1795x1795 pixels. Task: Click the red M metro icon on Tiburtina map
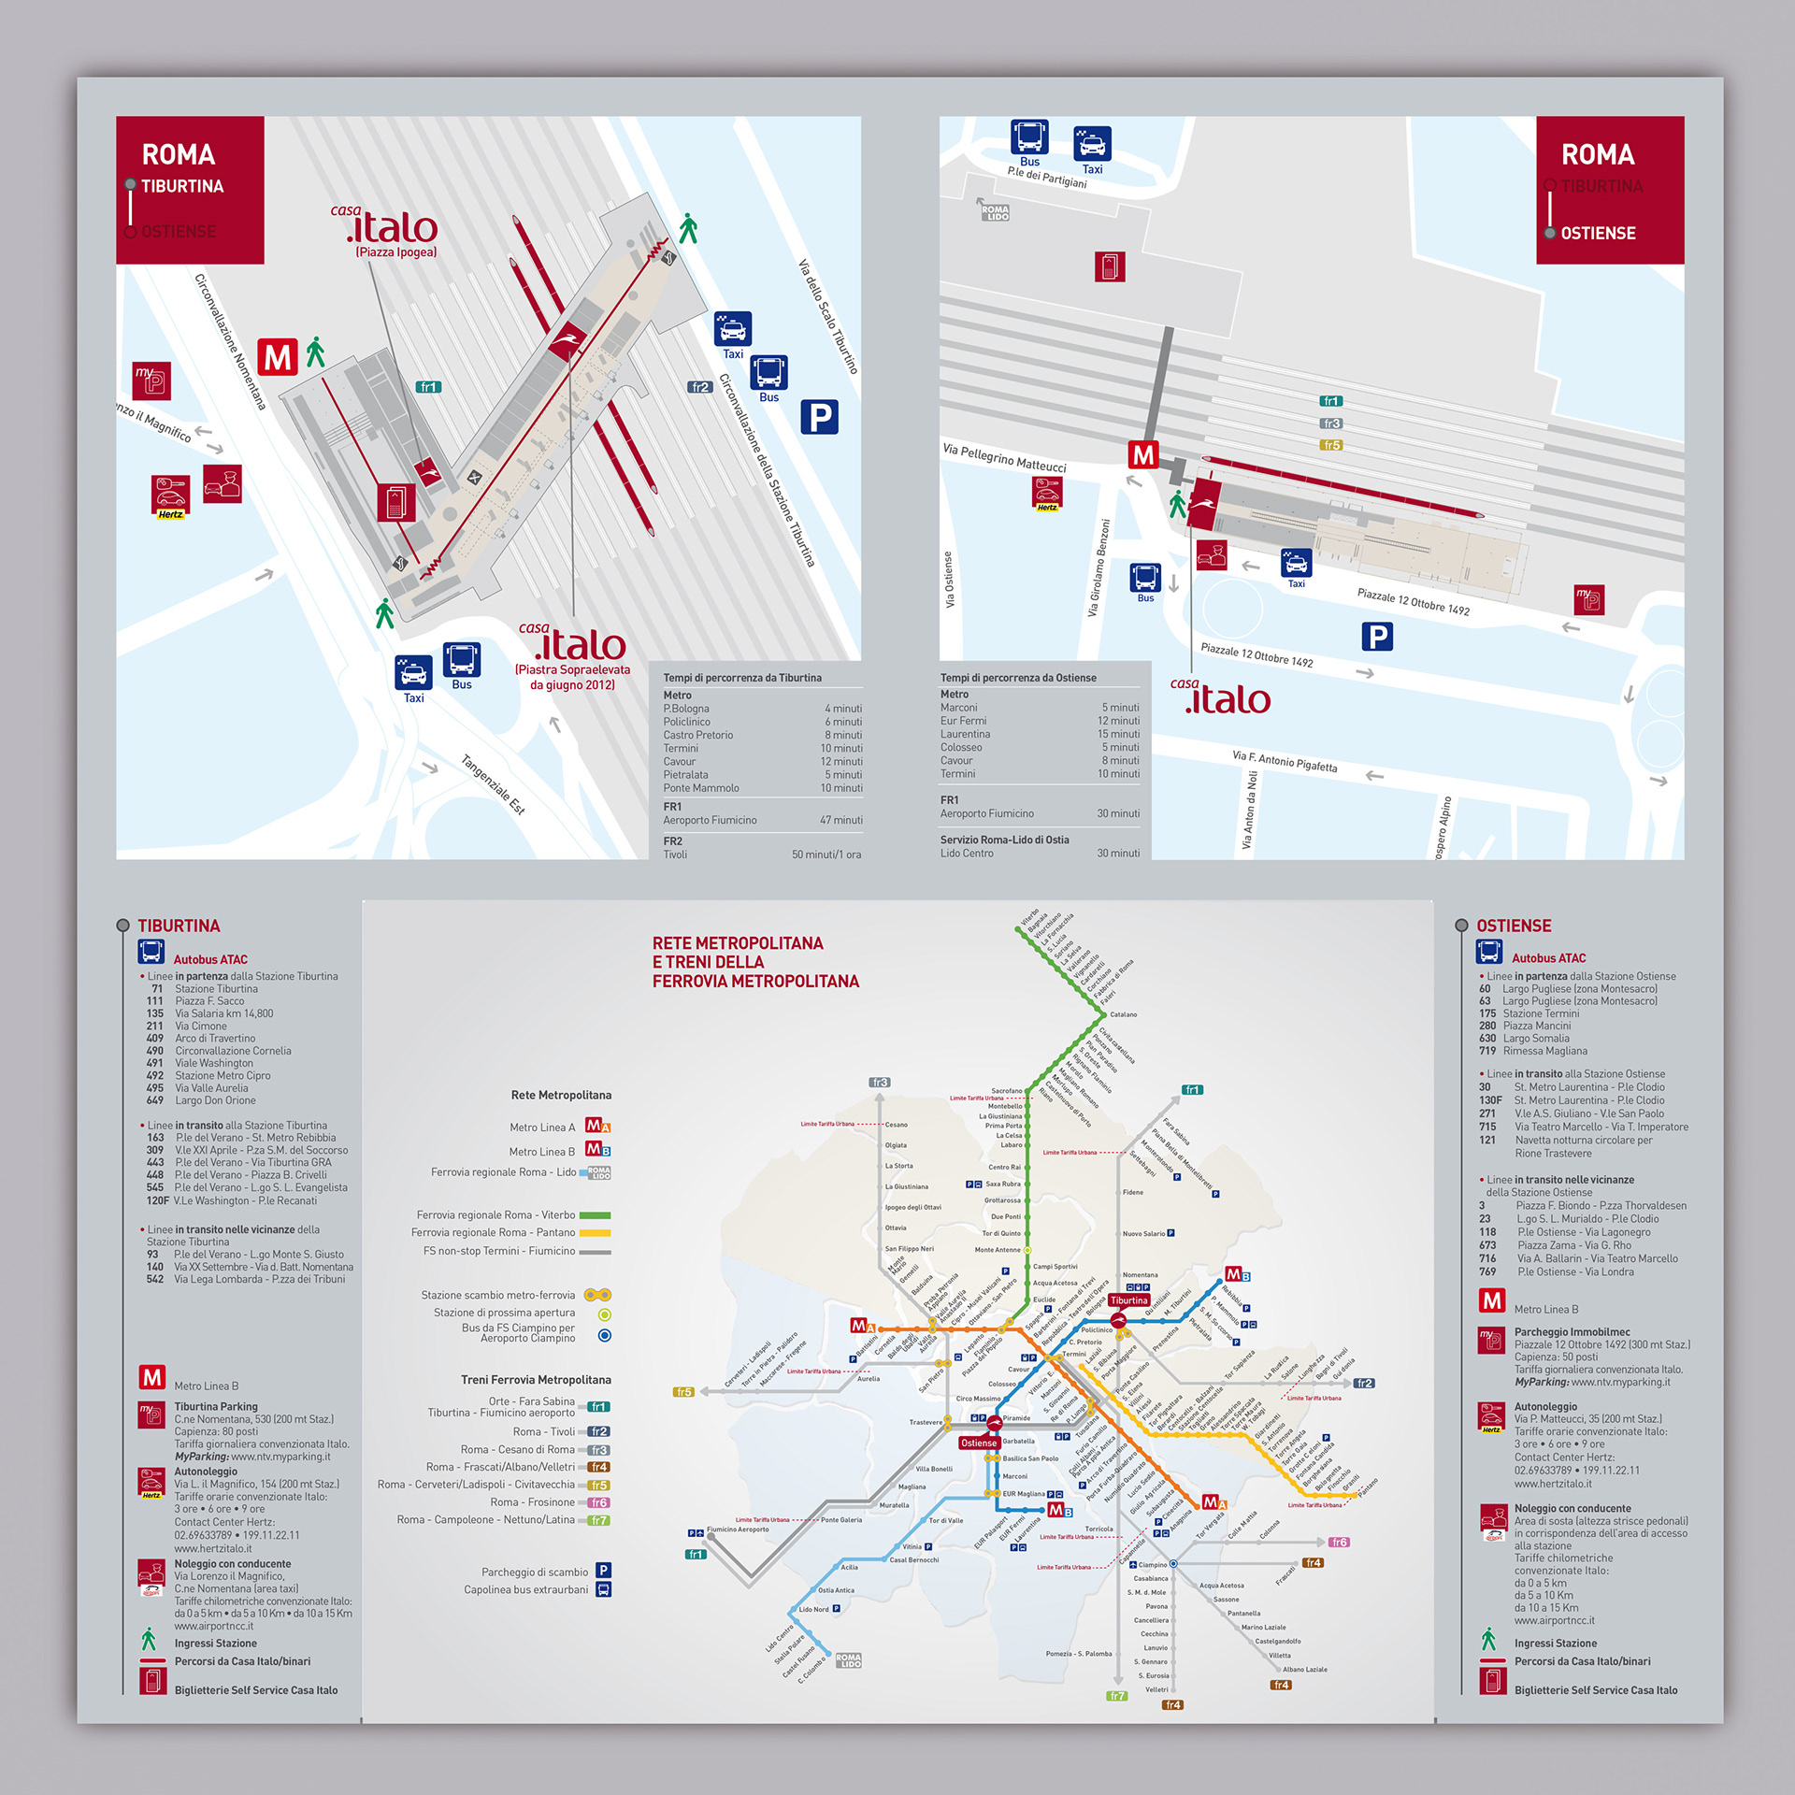[x=278, y=357]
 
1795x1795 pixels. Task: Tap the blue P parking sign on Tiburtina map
[x=819, y=417]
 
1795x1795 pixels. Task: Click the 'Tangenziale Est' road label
[x=494, y=783]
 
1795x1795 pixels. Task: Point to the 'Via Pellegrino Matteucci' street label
[x=1004, y=458]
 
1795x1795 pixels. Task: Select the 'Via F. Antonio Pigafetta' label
[x=1285, y=761]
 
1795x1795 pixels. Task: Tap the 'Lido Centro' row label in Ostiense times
[x=967, y=853]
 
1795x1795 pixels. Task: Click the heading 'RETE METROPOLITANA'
[x=738, y=943]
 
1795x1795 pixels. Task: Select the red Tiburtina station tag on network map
[x=1128, y=1300]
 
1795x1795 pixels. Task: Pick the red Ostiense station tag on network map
[x=979, y=1443]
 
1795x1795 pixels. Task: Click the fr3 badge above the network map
[x=879, y=1083]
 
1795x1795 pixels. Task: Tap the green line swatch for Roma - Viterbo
[x=595, y=1215]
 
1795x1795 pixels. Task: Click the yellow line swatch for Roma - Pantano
[x=595, y=1233]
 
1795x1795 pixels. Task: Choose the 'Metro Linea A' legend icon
[x=597, y=1127]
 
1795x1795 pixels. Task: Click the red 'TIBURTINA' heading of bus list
[x=179, y=926]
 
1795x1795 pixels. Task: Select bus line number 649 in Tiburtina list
[x=154, y=1100]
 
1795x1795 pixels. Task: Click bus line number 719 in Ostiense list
[x=1486, y=1051]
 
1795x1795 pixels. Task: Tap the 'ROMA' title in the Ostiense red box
[x=1598, y=154]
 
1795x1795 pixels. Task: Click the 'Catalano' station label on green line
[x=1123, y=1014]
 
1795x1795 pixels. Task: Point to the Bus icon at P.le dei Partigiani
[x=1029, y=137]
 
